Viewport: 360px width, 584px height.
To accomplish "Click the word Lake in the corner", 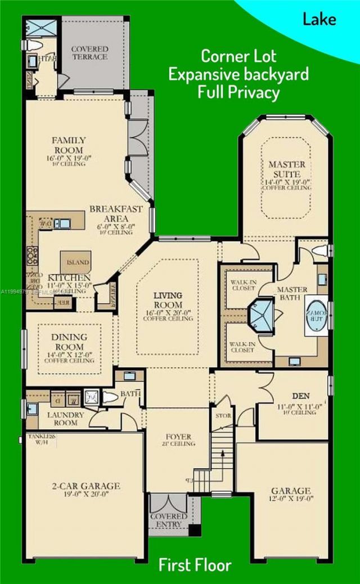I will (319, 20).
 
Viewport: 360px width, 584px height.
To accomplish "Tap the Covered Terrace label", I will (89, 53).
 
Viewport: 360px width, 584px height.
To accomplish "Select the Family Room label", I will (69, 145).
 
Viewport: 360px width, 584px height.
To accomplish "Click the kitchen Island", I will (78, 262).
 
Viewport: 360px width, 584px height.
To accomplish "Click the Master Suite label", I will (287, 169).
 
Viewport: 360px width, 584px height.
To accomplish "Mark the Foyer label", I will (179, 437).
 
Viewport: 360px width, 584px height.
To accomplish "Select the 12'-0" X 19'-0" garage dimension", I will (290, 500).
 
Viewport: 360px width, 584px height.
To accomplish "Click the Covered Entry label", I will (169, 520).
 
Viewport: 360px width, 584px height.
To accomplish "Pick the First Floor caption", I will (195, 565).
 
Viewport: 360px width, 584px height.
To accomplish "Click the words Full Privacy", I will (238, 92).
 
